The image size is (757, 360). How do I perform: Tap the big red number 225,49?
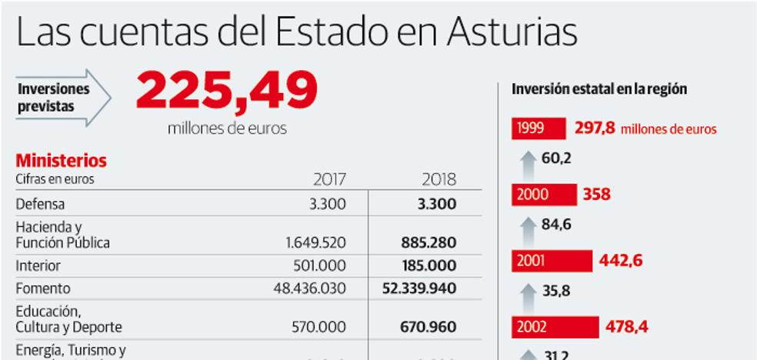click(x=227, y=92)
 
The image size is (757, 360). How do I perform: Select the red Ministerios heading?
click(x=62, y=161)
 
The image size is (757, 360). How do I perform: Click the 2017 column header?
click(x=329, y=180)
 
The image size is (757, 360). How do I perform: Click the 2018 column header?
click(x=439, y=180)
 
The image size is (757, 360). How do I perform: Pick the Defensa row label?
click(x=40, y=205)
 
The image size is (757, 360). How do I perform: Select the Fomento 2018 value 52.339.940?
click(x=419, y=288)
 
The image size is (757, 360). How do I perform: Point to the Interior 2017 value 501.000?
click(x=320, y=265)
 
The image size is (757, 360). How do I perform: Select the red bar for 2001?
click(x=552, y=261)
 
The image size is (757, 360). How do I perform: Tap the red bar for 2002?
click(x=555, y=326)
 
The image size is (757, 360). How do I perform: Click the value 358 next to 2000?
click(x=596, y=195)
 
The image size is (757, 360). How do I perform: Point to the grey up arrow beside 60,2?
click(x=527, y=162)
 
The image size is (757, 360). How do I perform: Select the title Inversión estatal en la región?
click(x=599, y=89)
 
